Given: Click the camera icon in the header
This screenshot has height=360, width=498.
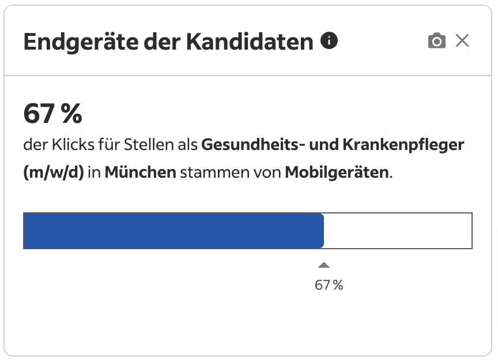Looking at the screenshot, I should (437, 41).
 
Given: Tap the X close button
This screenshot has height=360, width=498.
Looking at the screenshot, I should (462, 41).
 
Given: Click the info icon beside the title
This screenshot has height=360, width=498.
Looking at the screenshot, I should (329, 41).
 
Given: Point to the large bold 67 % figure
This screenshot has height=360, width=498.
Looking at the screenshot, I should (52, 114).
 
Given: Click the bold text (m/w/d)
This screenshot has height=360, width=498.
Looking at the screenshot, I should (54, 172).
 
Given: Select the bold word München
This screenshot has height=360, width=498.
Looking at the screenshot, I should (140, 172).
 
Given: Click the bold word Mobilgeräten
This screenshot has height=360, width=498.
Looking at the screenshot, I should (337, 172).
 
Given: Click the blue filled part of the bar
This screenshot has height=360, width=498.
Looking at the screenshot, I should (173, 231).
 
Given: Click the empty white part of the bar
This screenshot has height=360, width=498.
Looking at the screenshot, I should (398, 231).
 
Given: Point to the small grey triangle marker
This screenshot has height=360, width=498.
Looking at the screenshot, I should (324, 265).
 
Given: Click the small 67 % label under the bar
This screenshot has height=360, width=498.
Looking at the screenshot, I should (329, 285).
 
